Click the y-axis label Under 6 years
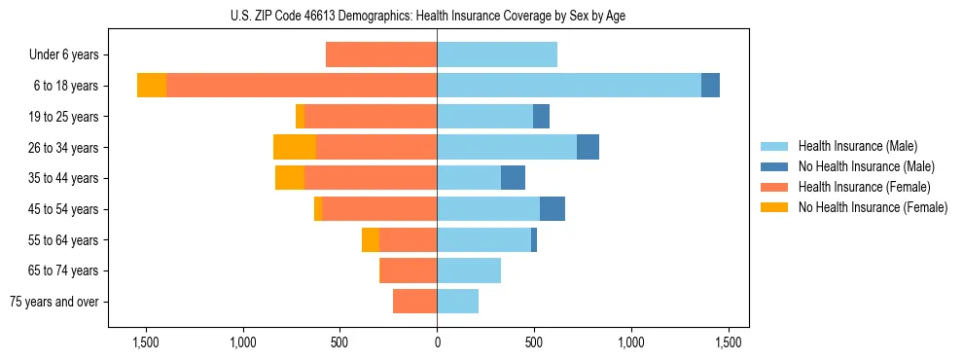point(63,55)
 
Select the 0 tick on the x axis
point(437,342)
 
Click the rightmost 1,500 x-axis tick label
point(729,342)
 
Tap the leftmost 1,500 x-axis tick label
point(145,342)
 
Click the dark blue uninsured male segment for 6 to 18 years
point(710,86)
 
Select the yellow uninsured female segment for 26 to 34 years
point(295,147)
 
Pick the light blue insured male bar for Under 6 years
point(497,55)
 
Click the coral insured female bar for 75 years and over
point(414,302)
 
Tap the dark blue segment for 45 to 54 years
point(553,209)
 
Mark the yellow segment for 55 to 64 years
point(371,240)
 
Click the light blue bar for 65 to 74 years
point(469,270)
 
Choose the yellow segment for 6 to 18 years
point(152,86)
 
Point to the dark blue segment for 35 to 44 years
point(513,178)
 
